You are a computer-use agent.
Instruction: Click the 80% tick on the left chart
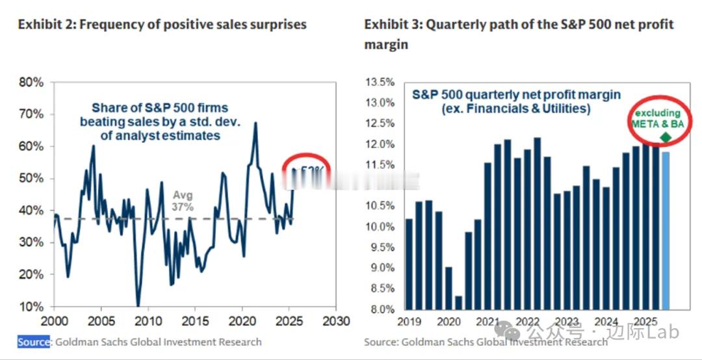31,83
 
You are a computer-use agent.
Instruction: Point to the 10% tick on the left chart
31,307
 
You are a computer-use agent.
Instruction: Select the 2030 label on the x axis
335,321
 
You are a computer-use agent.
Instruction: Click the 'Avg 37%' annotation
183,201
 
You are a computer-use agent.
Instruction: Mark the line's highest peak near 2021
255,123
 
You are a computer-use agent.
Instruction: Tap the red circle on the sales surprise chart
306,171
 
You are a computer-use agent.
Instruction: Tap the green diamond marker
665,137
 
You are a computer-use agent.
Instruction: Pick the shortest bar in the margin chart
459,303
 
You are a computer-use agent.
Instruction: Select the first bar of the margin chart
408,264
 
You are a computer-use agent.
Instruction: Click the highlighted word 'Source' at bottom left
34,342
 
